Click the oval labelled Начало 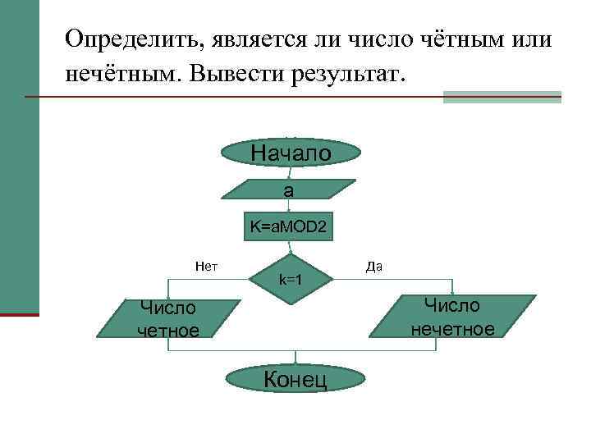(x=291, y=153)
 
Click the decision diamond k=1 (x=290, y=280)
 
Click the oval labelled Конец (x=294, y=378)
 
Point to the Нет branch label (x=205, y=265)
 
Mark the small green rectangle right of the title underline (x=502, y=97)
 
